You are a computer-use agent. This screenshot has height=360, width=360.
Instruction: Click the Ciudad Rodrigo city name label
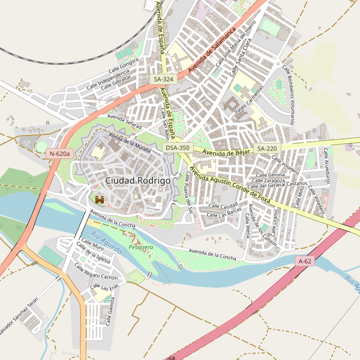coord(137,180)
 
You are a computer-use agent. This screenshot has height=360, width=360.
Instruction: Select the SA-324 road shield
coord(163,79)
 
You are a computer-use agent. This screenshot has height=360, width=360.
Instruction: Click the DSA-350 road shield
coord(178,148)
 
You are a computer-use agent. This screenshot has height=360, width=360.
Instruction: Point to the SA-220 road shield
coord(267,148)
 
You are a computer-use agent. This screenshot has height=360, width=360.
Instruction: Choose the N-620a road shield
coord(60,154)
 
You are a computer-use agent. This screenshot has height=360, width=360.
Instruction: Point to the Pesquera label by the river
coord(141,247)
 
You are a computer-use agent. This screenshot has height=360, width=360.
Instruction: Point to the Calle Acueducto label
coord(328,165)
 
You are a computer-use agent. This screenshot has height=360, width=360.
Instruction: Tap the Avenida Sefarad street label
coord(124,121)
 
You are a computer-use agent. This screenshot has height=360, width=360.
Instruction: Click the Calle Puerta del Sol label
coord(189,192)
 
